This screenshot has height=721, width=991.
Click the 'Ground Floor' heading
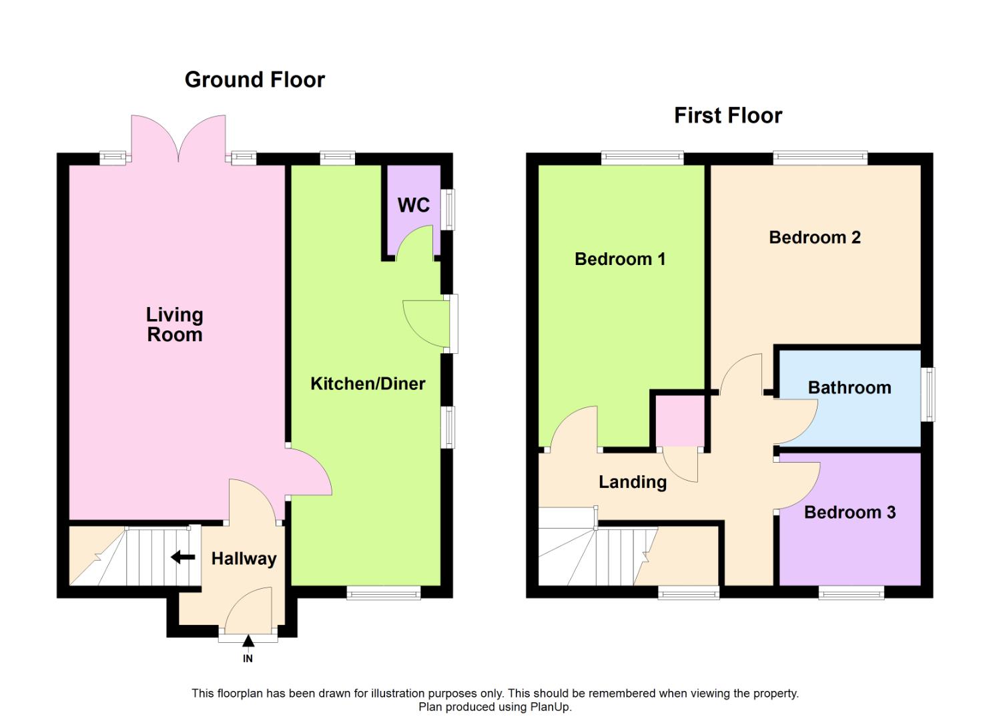pos(254,79)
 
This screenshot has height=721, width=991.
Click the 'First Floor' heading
pos(727,115)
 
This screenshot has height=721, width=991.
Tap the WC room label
pos(413,205)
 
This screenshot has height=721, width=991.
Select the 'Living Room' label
pos(174,324)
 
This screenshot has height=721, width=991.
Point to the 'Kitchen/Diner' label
pos(368,384)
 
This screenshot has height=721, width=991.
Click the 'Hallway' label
pos(244,559)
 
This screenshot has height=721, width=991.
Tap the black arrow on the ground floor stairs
pos(183,557)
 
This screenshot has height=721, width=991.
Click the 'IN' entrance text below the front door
pos(248,658)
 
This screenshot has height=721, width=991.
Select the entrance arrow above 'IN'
pos(248,642)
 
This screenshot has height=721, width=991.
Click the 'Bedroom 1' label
pos(620,259)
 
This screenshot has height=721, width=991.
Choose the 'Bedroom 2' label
pos(814,238)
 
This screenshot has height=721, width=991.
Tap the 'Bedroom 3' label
pos(849,513)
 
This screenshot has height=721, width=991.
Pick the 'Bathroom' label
pos(849,388)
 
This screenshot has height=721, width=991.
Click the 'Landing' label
pos(632,482)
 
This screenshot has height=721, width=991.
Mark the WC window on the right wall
pos(450,210)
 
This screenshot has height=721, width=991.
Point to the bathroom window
pos(928,394)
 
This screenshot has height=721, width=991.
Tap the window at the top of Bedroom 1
pos(642,158)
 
